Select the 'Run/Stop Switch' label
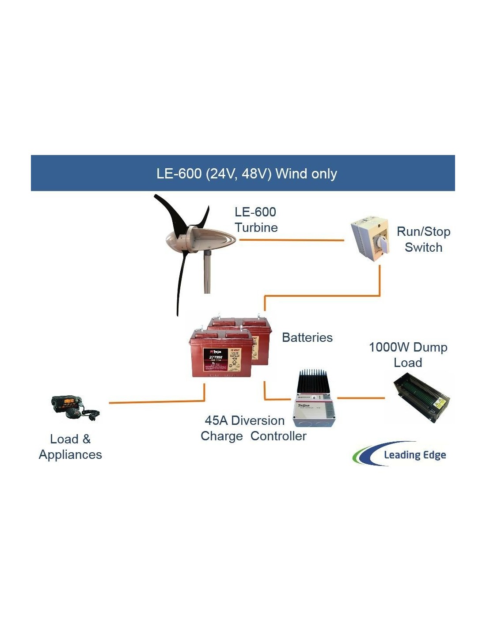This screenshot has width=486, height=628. (423, 239)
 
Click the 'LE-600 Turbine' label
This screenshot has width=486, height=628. (256, 219)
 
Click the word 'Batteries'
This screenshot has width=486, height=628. (307, 337)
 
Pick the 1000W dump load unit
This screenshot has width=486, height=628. (422, 397)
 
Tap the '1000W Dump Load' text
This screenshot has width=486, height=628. (408, 355)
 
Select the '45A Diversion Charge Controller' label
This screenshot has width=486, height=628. (253, 428)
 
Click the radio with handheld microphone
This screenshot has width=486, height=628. (74, 407)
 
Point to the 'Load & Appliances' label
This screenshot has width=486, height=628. (70, 446)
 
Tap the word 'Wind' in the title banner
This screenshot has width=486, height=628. (291, 174)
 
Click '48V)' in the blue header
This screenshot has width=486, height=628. (257, 174)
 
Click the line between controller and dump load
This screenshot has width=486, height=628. (361, 398)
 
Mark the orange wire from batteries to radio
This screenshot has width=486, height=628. (157, 402)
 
